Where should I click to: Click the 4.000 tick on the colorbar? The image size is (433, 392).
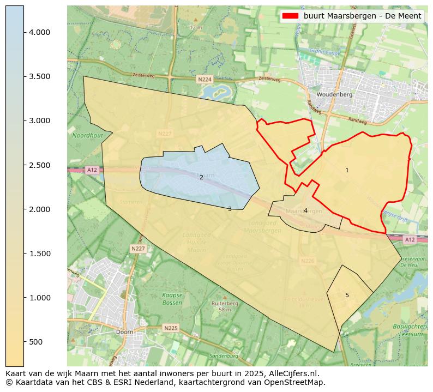pos(39,32)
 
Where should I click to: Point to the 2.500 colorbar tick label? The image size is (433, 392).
pos(39,165)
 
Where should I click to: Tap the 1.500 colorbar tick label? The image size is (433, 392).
pos(39,254)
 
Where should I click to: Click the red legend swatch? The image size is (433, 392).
pos(291,16)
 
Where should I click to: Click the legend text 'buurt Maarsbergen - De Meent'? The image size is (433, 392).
pos(362,16)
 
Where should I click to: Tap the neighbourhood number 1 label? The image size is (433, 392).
pos(347,171)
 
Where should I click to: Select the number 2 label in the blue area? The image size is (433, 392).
pos(201,177)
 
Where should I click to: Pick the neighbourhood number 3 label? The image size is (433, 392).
pos(230,209)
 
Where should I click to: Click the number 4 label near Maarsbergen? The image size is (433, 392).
pos(305,210)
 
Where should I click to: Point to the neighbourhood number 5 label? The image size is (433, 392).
pos(347,295)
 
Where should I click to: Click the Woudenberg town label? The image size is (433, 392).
pos(334,94)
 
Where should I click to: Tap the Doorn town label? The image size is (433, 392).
pos(124,331)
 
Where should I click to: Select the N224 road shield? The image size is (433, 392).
pos(205,80)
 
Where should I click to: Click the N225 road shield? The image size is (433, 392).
pos(171,328)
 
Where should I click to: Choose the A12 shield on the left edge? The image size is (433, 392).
pos(91,170)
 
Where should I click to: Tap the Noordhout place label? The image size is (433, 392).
pos(87,135)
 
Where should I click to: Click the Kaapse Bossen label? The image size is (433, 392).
pos(172,298)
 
